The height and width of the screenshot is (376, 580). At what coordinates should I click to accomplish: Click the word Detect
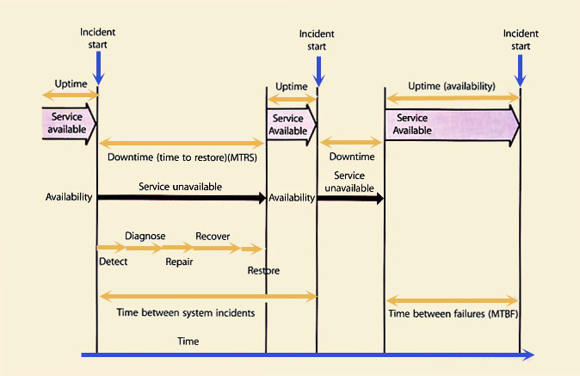coord(114,261)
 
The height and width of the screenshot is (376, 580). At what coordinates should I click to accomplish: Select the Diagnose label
coord(145,236)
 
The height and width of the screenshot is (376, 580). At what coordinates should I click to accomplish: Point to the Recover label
coord(213,236)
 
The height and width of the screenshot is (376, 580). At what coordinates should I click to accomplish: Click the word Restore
coord(263,270)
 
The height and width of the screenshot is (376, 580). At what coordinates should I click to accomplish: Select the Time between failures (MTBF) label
coord(453,313)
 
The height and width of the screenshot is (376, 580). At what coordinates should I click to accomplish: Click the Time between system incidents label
coord(185,313)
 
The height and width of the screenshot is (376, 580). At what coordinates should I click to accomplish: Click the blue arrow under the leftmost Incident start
coord(99,67)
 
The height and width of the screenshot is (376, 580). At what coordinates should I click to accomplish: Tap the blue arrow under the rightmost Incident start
coord(521,67)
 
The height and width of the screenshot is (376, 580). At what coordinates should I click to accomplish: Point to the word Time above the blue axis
coord(188,342)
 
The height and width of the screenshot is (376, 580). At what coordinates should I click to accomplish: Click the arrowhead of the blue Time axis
coord(527,354)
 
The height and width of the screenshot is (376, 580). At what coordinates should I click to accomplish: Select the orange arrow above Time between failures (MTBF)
coord(453,299)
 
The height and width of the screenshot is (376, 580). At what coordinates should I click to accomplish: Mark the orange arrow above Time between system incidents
coord(207,297)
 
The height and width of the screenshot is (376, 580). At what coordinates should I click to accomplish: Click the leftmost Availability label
coord(69,198)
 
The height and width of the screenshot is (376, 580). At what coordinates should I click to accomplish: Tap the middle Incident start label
coord(317,40)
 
